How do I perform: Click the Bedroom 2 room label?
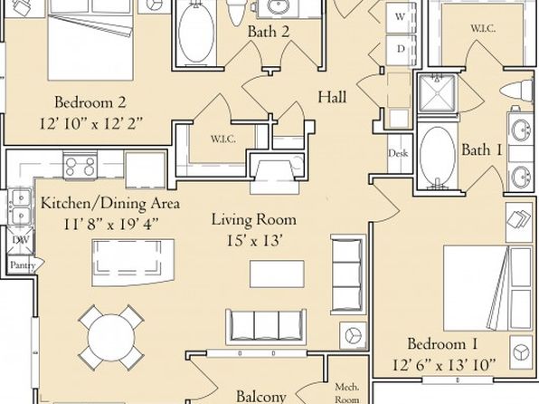pos(90,102)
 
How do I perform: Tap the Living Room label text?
pos(254,220)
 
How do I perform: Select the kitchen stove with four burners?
pos(80,167)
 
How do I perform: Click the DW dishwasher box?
pos(21,240)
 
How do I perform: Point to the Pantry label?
pos(23,265)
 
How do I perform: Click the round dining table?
pos(111,338)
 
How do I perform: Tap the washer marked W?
pos(400,17)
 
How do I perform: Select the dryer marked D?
pos(400,49)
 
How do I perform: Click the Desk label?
pos(398,153)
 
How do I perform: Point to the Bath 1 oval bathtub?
pos(438,155)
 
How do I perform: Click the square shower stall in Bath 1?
pos(437,93)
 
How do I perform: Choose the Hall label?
pos(332,97)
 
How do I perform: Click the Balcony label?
pos(261,397)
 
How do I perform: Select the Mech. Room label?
pos(347,393)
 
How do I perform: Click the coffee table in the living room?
pos(277,274)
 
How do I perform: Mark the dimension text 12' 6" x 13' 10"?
pos(444,364)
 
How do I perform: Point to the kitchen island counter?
pos(133,263)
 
